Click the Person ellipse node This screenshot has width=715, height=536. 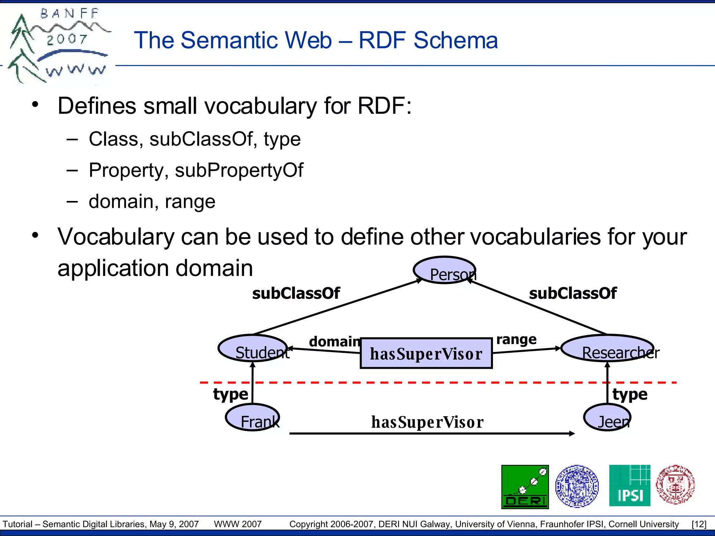click(x=444, y=270)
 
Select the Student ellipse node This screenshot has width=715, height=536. click(x=253, y=348)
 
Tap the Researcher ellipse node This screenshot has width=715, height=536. click(x=607, y=348)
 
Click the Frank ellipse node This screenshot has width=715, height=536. click(x=252, y=417)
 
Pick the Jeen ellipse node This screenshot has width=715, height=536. click(x=607, y=417)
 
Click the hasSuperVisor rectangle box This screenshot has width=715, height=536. click(x=426, y=353)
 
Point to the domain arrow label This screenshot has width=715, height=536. click(x=334, y=341)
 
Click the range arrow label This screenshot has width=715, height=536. click(x=516, y=339)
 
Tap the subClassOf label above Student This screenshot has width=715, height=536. click(x=296, y=293)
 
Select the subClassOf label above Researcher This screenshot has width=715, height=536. click(x=573, y=293)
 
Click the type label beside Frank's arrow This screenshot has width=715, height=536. click(x=230, y=394)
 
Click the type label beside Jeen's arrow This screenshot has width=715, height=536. click(x=630, y=394)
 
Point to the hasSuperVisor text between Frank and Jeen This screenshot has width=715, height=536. click(x=427, y=422)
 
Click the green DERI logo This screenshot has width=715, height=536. click(x=525, y=486)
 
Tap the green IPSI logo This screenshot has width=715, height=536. click(x=629, y=485)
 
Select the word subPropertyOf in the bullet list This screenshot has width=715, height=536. click(x=239, y=170)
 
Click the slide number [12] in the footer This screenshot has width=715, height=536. click(x=699, y=524)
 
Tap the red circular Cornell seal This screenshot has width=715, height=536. click(x=675, y=485)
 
